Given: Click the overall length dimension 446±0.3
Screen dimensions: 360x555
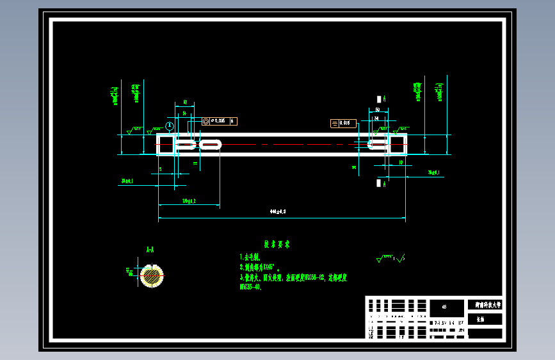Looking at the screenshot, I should [x=278, y=210].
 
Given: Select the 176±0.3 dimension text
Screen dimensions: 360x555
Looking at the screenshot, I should [x=189, y=201].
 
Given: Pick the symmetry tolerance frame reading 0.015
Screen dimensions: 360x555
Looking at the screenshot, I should [x=343, y=123].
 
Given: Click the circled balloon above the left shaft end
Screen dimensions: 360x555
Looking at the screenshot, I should [x=170, y=126].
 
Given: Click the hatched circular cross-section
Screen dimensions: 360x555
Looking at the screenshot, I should [x=152, y=275].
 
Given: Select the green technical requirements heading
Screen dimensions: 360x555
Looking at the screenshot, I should [x=278, y=244].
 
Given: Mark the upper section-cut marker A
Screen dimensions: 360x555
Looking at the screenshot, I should [x=382, y=99].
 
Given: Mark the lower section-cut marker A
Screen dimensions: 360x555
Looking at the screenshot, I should [x=382, y=184].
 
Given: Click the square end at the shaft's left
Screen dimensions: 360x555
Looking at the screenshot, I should [x=166, y=144].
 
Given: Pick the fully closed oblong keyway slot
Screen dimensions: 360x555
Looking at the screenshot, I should [x=210, y=145].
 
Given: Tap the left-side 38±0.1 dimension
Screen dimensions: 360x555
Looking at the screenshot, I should [x=127, y=181].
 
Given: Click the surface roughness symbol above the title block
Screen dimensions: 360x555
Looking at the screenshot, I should [x=391, y=259].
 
